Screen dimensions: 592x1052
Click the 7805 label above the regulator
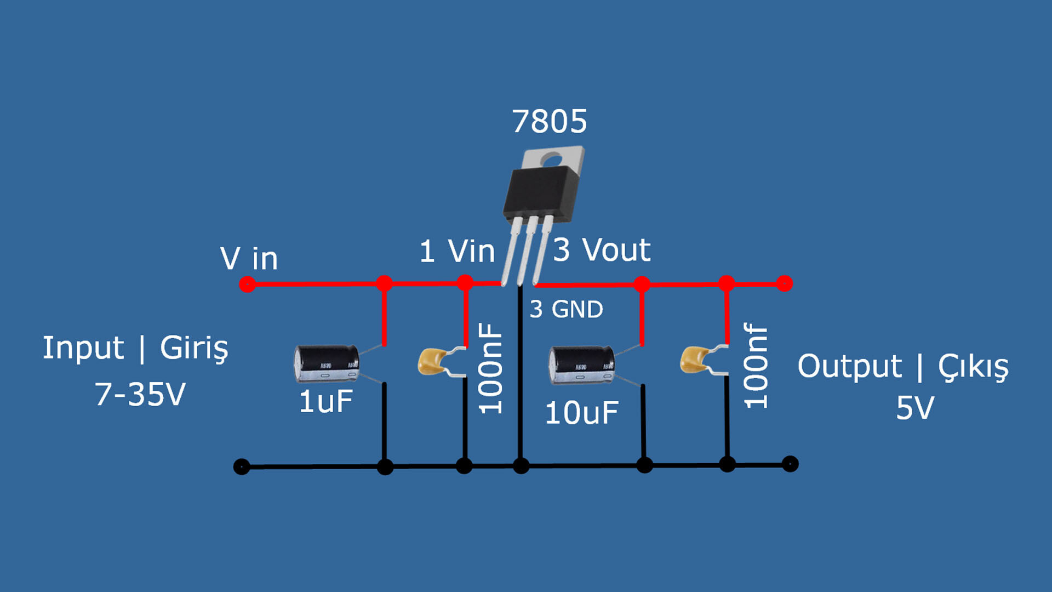[549, 122]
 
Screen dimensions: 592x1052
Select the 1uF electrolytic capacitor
[327, 363]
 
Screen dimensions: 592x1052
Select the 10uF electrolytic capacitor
[581, 365]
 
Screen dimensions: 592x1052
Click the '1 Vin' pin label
[457, 252]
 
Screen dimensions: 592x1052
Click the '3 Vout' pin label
[601, 250]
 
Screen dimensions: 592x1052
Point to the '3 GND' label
[566, 310]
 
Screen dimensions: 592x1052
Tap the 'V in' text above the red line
[249, 258]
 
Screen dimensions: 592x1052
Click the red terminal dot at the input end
[247, 284]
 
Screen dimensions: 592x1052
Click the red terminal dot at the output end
[785, 283]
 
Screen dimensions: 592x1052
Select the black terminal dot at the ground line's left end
[242, 466]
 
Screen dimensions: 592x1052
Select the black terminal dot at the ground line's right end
[790, 464]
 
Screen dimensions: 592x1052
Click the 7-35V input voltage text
[140, 394]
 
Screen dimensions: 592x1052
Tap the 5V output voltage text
[914, 408]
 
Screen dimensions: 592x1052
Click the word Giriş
[194, 348]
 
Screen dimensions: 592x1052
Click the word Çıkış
[973, 367]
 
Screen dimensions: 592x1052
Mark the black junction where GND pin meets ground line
[521, 466]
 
